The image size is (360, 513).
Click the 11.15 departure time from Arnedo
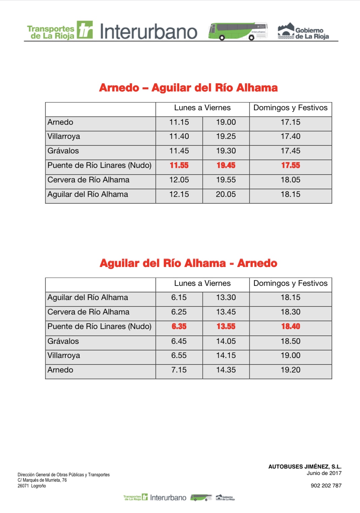pyautogui.click(x=179, y=122)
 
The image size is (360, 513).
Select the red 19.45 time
pyautogui.click(x=226, y=165)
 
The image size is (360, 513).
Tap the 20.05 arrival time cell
pyautogui.click(x=226, y=194)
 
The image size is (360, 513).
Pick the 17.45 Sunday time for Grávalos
pyautogui.click(x=290, y=151)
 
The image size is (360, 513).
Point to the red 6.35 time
pyautogui.click(x=179, y=327)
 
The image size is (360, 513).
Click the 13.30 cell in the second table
pyautogui.click(x=226, y=298)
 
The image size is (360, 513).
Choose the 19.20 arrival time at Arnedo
pyautogui.click(x=290, y=370)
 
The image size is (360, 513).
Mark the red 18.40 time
pyautogui.click(x=290, y=327)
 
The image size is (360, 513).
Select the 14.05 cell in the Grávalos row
pyautogui.click(x=226, y=341)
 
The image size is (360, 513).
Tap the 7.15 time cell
pyautogui.click(x=179, y=370)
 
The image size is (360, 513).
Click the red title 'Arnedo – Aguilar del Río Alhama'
pyautogui.click(x=188, y=88)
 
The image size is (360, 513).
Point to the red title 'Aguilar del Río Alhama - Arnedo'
pyautogui.click(x=188, y=263)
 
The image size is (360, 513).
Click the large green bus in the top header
pyautogui.click(x=238, y=32)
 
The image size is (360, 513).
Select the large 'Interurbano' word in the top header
pyautogui.click(x=148, y=32)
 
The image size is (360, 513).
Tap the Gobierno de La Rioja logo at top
pyautogui.click(x=303, y=32)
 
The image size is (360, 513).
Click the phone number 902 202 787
pyautogui.click(x=326, y=486)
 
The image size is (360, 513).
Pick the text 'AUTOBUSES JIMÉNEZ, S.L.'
pyautogui.click(x=305, y=467)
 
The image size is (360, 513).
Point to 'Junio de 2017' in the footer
pyautogui.click(x=324, y=473)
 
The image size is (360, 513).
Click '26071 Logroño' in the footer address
pyautogui.click(x=32, y=486)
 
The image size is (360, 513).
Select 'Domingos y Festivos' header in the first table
pyautogui.click(x=290, y=108)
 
